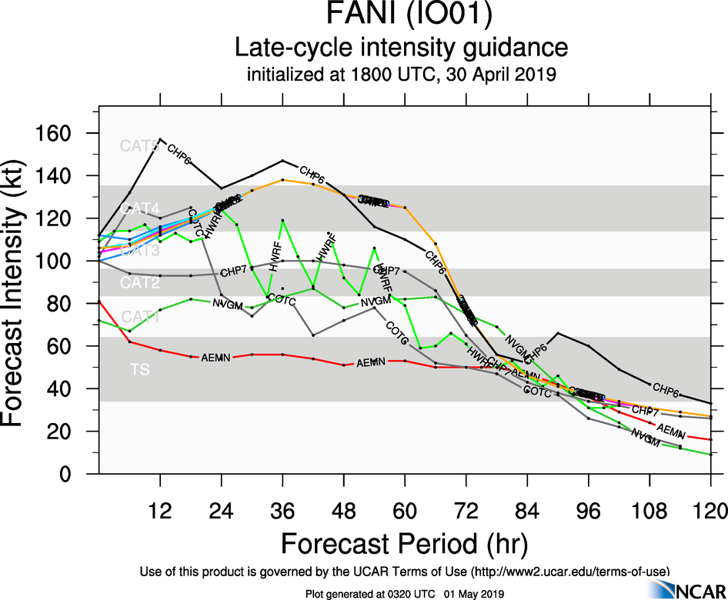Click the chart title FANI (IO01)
tap(400, 17)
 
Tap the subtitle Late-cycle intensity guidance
tap(400, 48)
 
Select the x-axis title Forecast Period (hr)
tap(403, 543)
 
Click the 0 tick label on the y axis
tap(78, 475)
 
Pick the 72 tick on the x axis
tap(465, 510)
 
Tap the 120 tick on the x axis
tap(710, 510)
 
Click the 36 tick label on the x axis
tap(283, 510)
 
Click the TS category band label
tap(139, 370)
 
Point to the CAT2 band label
tap(139, 284)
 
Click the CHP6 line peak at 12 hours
tap(160, 139)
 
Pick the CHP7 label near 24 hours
tap(233, 272)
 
